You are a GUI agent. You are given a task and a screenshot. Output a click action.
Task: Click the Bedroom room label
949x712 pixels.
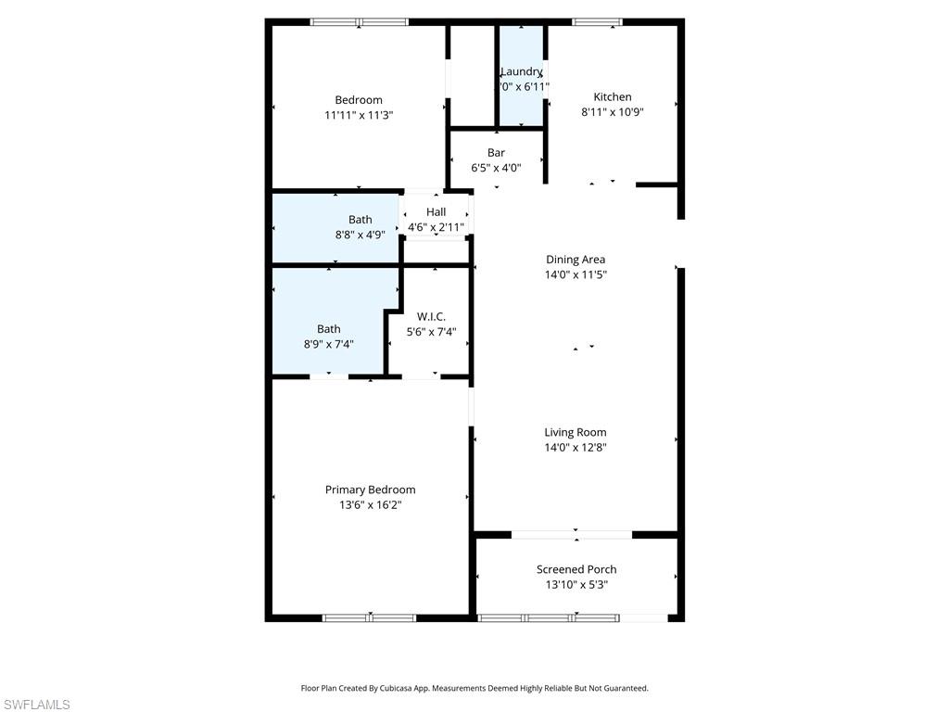(x=358, y=100)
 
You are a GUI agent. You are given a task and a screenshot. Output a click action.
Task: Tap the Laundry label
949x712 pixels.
(x=521, y=71)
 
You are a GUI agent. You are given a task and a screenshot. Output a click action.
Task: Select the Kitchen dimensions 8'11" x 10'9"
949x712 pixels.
(x=612, y=111)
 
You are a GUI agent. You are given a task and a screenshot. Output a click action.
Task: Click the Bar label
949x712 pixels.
(x=496, y=153)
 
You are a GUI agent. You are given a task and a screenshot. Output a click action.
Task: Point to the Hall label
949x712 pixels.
(x=436, y=212)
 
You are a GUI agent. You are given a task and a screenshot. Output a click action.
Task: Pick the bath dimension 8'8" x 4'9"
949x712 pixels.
(x=360, y=235)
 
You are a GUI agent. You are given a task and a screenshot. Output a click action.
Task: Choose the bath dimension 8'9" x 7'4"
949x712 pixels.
(x=328, y=344)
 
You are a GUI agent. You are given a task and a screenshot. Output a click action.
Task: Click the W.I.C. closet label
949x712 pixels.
(x=431, y=316)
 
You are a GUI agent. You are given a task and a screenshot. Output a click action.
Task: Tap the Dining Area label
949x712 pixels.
(x=575, y=260)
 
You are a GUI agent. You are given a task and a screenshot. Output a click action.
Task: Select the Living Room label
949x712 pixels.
(x=575, y=432)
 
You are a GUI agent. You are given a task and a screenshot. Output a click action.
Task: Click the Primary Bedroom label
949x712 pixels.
(x=370, y=489)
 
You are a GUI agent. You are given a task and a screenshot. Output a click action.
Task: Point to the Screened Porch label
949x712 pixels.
(x=576, y=569)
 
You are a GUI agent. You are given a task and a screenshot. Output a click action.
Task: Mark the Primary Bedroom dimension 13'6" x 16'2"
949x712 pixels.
(x=370, y=505)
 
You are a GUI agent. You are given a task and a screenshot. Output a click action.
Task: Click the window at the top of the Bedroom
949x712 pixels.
(x=359, y=22)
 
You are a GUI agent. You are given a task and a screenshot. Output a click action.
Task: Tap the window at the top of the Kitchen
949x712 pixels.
(x=596, y=22)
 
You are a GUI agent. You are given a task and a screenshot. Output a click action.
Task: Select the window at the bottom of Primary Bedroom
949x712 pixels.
(x=369, y=617)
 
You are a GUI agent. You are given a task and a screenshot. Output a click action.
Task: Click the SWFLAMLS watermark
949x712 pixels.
(x=35, y=705)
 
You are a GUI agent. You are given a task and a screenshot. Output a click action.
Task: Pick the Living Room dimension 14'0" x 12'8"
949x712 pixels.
(x=575, y=448)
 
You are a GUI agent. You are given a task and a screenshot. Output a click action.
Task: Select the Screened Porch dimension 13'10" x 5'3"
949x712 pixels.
(x=576, y=585)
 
